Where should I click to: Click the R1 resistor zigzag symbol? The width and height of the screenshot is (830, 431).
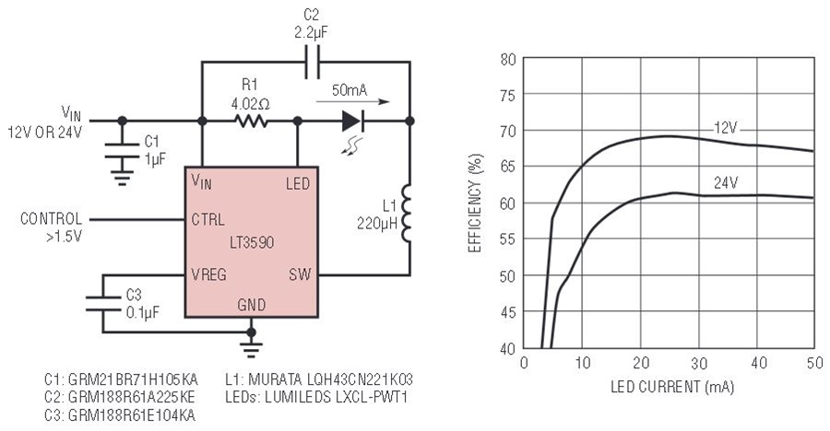(x=251, y=122)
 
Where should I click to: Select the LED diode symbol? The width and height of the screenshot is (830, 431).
(x=352, y=121)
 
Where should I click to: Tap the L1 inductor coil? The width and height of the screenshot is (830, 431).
(x=407, y=213)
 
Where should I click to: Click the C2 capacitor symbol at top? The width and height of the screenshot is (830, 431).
(x=312, y=62)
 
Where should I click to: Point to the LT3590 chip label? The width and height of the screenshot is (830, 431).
(x=252, y=243)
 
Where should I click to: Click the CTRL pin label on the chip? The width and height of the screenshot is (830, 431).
(x=208, y=219)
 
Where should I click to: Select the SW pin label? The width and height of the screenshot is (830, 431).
(x=300, y=274)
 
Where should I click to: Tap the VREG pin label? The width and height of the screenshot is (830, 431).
(x=209, y=274)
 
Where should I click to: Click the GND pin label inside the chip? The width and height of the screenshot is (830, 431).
(x=252, y=305)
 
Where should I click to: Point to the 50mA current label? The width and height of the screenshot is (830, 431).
(x=350, y=90)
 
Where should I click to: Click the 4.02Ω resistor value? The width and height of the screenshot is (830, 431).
(x=250, y=104)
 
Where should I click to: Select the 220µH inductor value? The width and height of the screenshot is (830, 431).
(x=377, y=223)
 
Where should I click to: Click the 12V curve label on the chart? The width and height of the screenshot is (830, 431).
(x=725, y=128)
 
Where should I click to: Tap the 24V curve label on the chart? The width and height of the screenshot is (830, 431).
(x=725, y=183)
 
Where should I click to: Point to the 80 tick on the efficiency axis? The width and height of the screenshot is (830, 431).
(x=507, y=59)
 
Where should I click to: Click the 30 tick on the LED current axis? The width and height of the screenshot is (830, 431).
(x=699, y=363)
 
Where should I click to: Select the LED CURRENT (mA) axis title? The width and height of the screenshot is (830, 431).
(x=672, y=387)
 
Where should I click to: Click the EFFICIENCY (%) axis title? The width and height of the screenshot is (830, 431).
(x=475, y=204)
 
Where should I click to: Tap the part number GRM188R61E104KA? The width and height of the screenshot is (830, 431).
(x=120, y=415)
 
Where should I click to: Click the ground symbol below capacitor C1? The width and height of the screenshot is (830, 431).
(x=123, y=179)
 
